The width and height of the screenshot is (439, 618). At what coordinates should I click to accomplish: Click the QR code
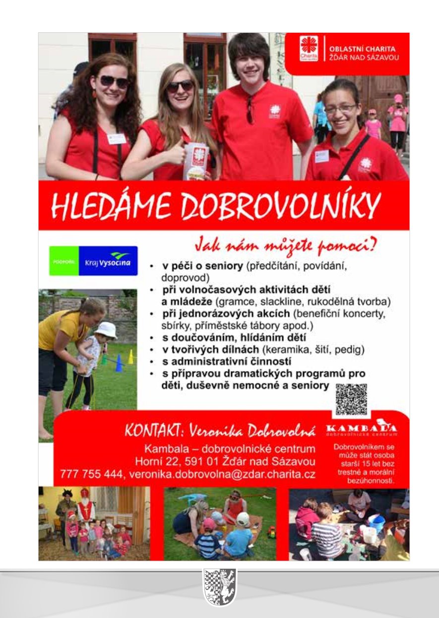[x=351, y=399]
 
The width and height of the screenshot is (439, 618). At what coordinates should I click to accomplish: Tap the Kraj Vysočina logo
[x=94, y=261]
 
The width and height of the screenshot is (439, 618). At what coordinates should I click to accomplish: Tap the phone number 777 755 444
[x=91, y=474]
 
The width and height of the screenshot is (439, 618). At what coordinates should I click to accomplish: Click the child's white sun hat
[x=105, y=329]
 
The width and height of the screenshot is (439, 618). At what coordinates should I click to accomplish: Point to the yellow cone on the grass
[x=130, y=357]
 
